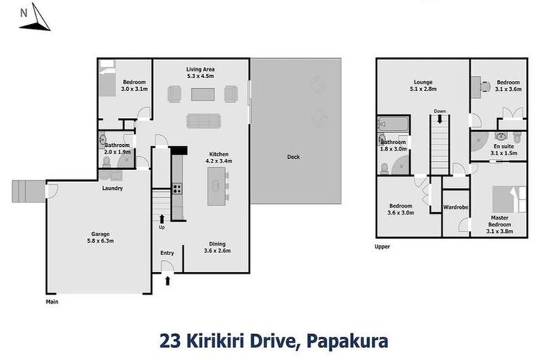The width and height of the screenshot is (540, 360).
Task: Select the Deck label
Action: pos(294,157)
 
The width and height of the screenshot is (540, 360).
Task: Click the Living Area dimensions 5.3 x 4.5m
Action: pos(200,76)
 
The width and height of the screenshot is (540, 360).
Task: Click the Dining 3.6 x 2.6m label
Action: pos(214,247)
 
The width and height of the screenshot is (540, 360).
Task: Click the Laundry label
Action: pos(112,188)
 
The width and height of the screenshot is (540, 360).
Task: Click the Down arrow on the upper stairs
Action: pos(439,120)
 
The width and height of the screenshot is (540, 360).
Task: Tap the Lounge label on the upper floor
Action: pos(423,82)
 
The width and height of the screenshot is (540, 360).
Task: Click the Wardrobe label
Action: pos(456,208)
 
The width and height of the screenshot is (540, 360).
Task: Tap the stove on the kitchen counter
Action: pos(177,188)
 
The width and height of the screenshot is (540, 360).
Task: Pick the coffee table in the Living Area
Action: pos(201,94)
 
